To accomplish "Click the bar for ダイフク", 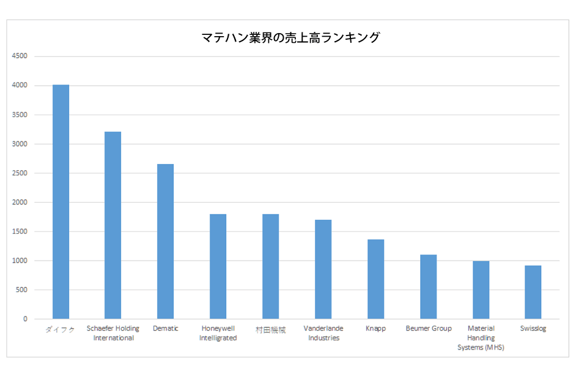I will (61, 202).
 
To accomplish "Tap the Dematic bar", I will (166, 241).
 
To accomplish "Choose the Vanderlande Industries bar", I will (323, 269).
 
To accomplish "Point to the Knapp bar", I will (375, 279).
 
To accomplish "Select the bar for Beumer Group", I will (428, 286).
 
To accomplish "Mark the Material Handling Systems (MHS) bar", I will (481, 290).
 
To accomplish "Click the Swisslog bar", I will (533, 292).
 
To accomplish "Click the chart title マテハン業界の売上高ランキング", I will (290, 38).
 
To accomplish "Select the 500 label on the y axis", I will (22, 290).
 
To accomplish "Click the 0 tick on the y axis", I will (26, 319).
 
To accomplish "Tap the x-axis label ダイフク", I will (61, 329).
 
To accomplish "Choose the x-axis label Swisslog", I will (533, 329).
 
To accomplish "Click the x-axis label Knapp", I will (375, 329).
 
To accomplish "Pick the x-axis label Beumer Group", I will (428, 329).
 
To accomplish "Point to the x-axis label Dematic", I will (166, 329).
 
